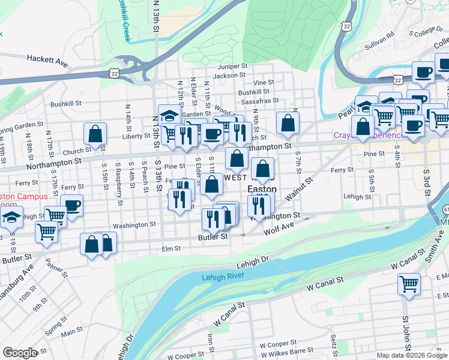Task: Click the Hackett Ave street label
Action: click(46, 59)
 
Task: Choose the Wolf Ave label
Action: click(278, 229)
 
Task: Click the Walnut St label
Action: click(300, 191)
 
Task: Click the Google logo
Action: click(20, 353)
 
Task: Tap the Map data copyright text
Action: click(412, 355)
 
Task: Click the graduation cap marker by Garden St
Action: click(170, 115)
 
